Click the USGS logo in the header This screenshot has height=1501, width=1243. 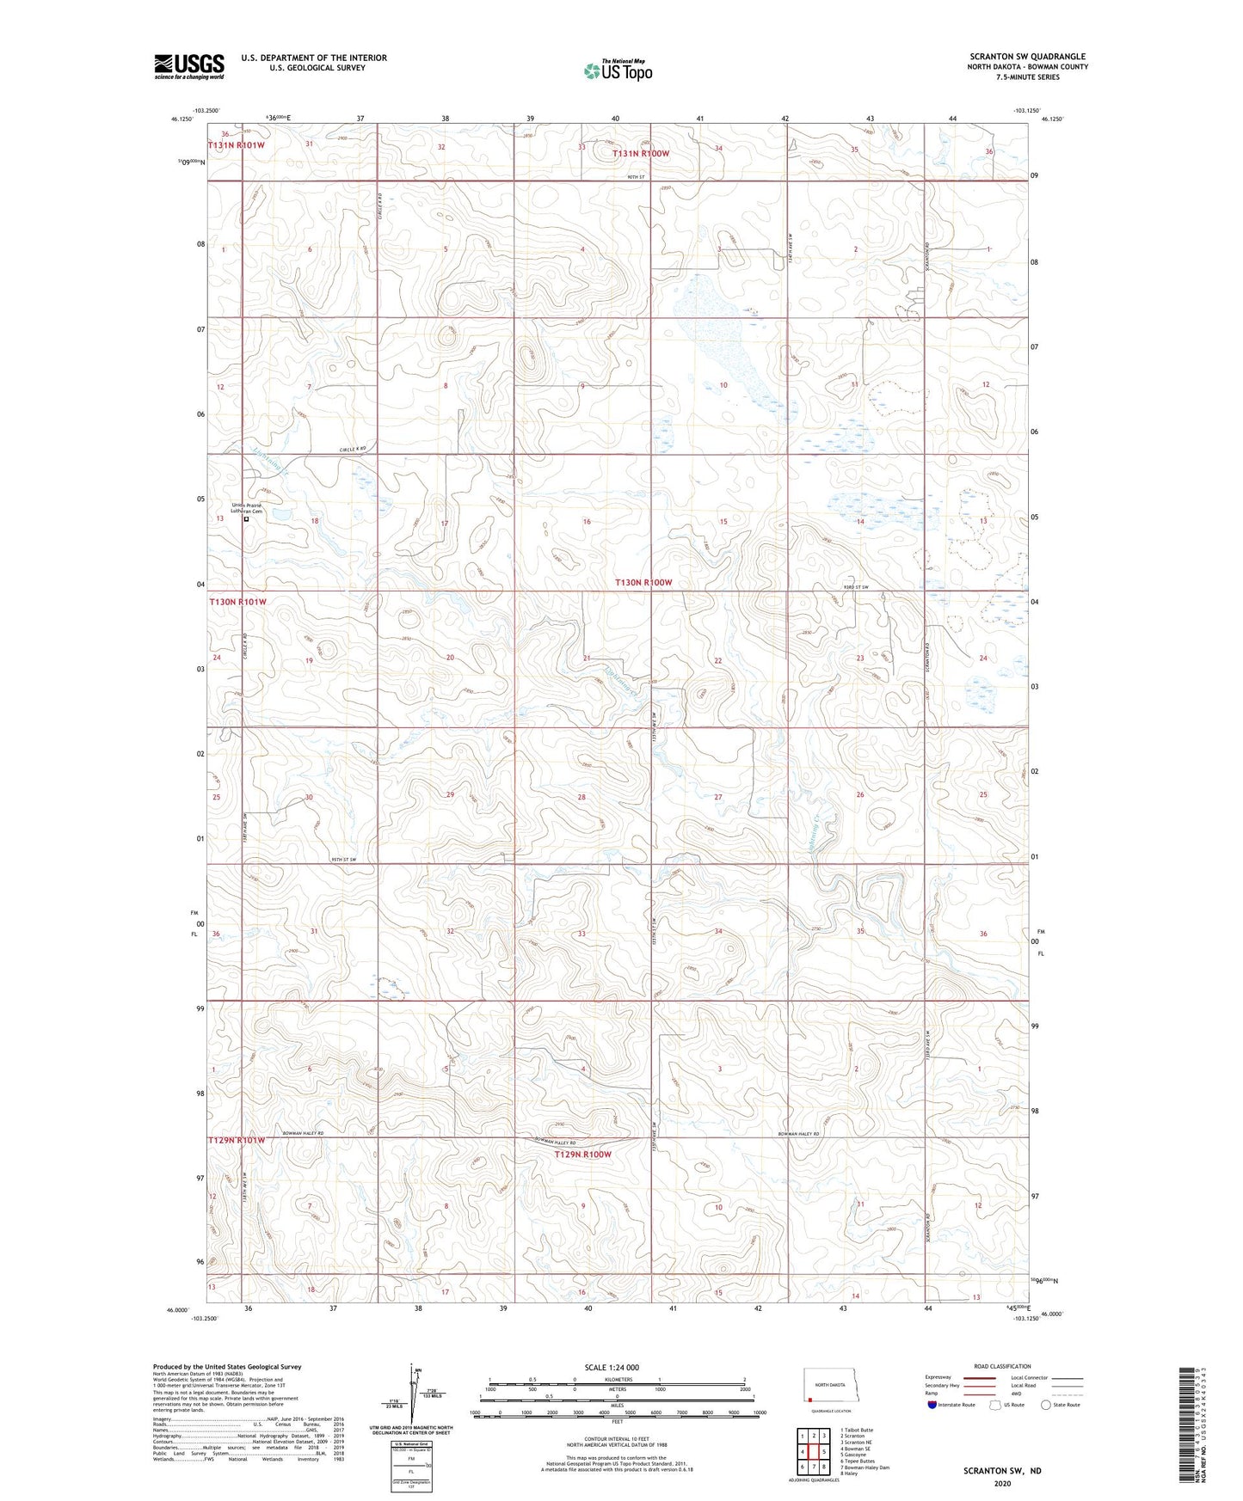coord(188,66)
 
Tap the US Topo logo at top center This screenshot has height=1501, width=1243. coord(617,70)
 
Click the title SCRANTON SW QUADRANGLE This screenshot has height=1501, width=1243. coord(1026,57)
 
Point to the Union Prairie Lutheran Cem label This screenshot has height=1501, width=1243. coord(247,508)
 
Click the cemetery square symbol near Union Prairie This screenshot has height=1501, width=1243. coord(247,519)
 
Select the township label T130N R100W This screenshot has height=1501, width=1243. coord(643,583)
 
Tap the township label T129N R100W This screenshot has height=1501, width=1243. coord(582,1155)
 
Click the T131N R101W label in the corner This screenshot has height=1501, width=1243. coord(236,145)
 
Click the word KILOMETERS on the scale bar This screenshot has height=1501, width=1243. coord(617,1379)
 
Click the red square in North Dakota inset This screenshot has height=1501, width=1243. coord(809,1398)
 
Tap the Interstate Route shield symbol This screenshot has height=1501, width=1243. coord(932,1405)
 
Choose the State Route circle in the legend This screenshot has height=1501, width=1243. coord(1046,1405)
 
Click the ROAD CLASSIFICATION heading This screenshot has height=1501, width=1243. coord(1002,1366)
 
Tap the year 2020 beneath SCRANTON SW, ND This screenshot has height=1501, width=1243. coord(1001,1483)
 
